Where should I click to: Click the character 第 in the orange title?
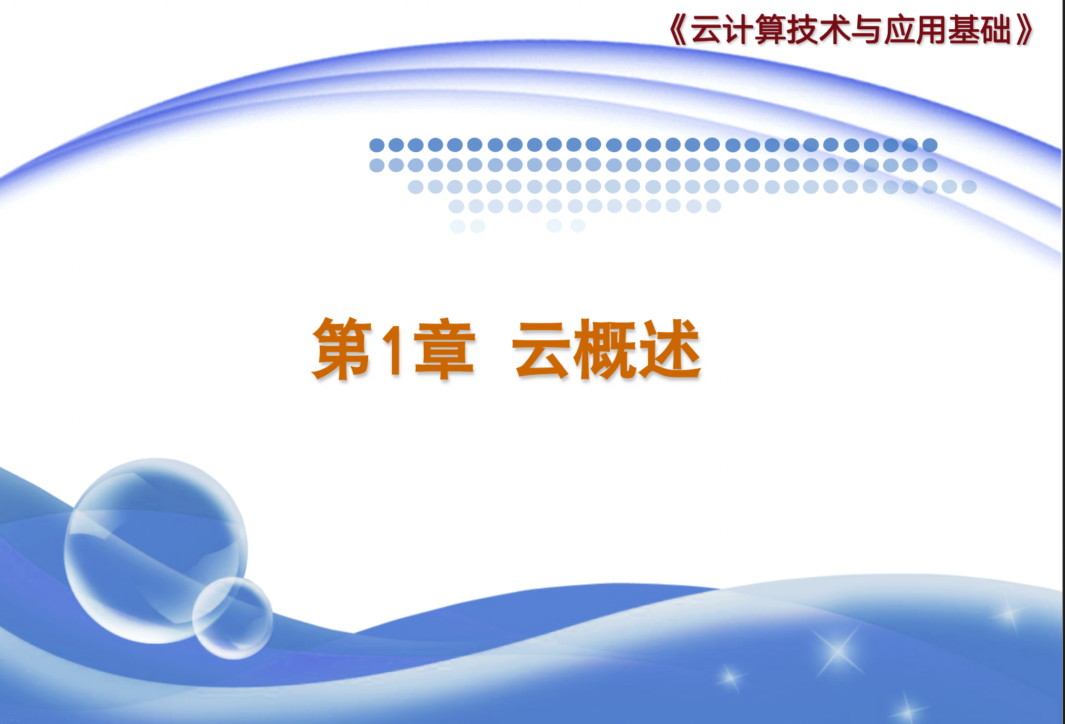coord(342,348)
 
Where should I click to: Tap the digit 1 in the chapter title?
coord(393,350)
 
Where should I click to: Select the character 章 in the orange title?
coord(444,348)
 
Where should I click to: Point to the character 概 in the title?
coord(604,348)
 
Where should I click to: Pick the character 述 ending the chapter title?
coord(670,348)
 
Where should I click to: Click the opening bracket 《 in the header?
coord(678,29)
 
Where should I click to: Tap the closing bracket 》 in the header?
coord(1024,29)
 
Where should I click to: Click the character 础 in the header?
coord(995,29)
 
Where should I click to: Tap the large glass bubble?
coord(156,551)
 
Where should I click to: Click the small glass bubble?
coord(232,618)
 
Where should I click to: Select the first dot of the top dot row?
coord(377,145)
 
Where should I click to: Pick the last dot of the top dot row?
coord(930,145)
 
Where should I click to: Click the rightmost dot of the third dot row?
coord(969,186)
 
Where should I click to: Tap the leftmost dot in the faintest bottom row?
coord(457,225)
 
